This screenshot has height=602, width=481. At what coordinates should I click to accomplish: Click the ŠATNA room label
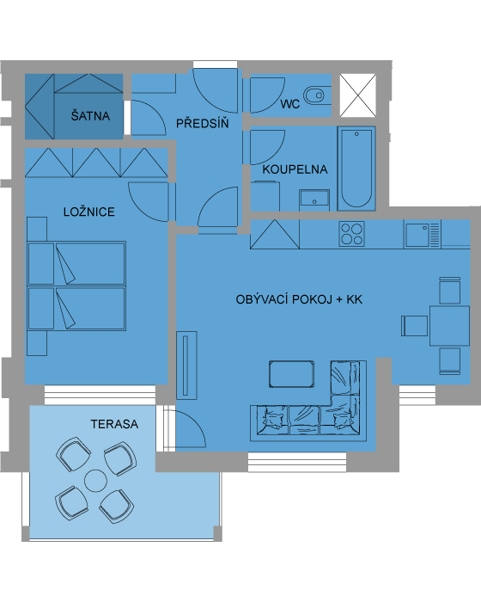[x=90, y=115]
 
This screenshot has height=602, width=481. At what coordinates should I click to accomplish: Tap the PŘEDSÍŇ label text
[x=202, y=123]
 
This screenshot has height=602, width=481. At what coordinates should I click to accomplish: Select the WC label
[x=289, y=104]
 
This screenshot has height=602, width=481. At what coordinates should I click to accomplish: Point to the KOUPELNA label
[x=295, y=169]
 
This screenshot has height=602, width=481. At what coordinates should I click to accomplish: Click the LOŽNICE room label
[x=89, y=212]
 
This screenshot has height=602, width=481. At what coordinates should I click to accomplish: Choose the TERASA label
[x=114, y=424]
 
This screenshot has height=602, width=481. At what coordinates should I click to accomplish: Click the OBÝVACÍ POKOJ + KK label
[x=299, y=299]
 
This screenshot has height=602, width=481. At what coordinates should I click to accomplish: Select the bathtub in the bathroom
[x=356, y=169]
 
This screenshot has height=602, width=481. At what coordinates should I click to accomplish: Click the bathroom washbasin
[x=314, y=199]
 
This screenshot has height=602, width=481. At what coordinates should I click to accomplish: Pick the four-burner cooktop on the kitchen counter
[x=352, y=233]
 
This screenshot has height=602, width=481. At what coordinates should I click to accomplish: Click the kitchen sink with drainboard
[x=422, y=235]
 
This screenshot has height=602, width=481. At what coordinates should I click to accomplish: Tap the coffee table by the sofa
[x=291, y=374]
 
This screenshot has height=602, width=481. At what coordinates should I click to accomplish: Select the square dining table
[x=449, y=326]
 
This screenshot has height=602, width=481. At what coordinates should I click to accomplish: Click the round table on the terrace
[x=95, y=481]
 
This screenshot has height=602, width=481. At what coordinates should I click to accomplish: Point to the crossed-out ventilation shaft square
[x=358, y=95]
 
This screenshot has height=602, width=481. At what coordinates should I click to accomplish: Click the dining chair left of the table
[x=415, y=326]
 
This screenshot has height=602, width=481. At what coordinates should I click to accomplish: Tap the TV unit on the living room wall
[x=186, y=365]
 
